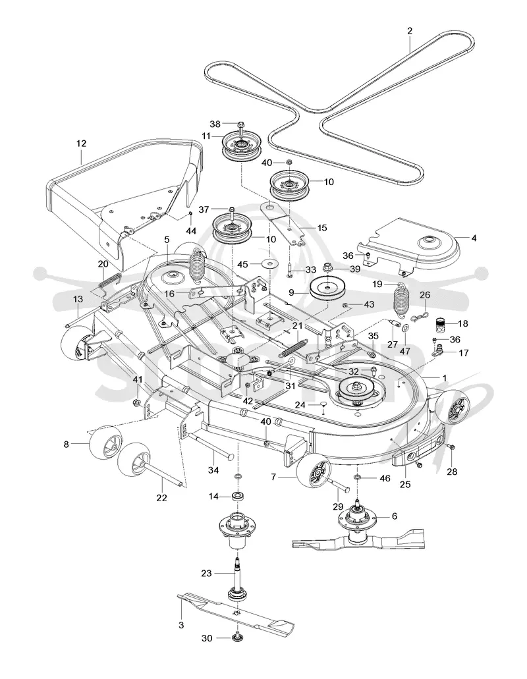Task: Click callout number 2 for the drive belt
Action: pyautogui.click(x=410, y=31)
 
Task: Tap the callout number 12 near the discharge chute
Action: pyautogui.click(x=82, y=144)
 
